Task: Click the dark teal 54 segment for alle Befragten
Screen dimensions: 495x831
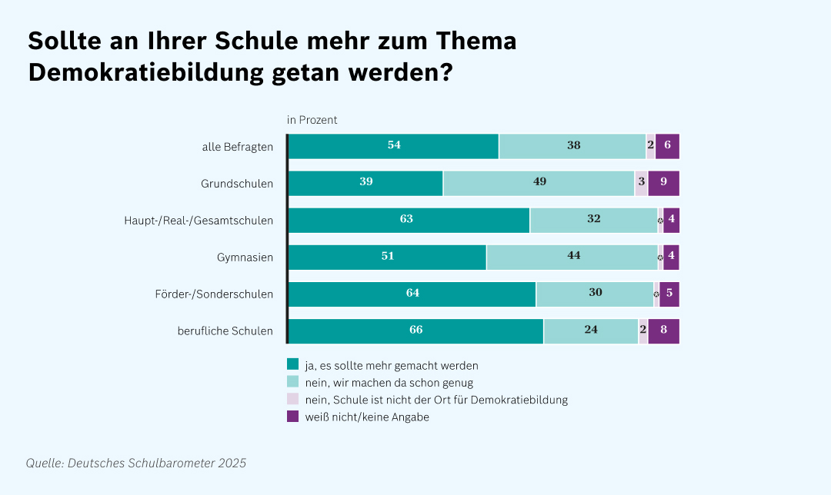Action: (393, 146)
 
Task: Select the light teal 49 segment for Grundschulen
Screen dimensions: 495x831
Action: (539, 183)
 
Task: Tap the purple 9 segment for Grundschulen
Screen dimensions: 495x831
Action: (663, 183)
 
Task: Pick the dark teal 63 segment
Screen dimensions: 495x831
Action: (409, 220)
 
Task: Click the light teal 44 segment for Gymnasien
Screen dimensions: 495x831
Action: (572, 257)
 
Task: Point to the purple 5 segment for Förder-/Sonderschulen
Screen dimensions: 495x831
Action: (669, 294)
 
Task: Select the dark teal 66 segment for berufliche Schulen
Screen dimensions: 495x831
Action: (415, 331)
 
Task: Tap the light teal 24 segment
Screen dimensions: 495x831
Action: (591, 331)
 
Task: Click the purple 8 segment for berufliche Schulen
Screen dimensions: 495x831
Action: (663, 331)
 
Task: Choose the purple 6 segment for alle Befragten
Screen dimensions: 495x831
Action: (667, 146)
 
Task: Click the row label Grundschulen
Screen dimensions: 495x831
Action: (237, 184)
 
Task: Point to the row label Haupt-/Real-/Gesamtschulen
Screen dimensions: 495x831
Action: (199, 221)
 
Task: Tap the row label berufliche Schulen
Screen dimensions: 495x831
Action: (225, 331)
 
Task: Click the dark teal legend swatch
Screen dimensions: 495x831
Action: (292, 364)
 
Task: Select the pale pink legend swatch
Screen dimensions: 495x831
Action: (292, 399)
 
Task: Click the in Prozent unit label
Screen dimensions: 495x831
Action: (312, 120)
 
